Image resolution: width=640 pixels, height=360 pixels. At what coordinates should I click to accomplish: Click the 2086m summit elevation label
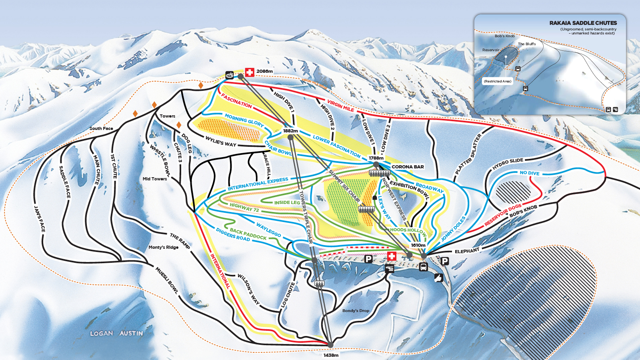[264, 72]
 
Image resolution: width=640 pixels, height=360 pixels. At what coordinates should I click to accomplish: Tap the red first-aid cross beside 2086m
[250, 72]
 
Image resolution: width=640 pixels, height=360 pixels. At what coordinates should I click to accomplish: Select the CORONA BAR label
[408, 167]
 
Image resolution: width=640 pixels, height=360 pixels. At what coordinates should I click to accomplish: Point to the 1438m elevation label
[331, 355]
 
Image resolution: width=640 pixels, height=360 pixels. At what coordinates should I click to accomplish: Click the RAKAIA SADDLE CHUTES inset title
[583, 23]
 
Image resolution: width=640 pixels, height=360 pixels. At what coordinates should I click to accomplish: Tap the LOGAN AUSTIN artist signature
[116, 333]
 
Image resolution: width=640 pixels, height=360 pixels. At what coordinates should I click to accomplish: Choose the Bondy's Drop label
[356, 310]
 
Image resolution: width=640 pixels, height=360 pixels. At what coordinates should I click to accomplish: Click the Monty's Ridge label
[163, 247]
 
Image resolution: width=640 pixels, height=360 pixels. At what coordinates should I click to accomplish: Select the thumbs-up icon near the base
[438, 278]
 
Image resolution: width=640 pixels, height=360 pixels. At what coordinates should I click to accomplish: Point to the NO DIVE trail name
[529, 173]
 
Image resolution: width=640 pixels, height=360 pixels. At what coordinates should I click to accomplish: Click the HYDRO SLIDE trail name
[508, 164]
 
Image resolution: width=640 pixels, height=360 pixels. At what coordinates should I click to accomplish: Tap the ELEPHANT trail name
[467, 251]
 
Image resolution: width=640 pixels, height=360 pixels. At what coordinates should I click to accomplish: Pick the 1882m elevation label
[290, 131]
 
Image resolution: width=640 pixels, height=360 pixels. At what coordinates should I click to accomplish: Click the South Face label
[101, 128]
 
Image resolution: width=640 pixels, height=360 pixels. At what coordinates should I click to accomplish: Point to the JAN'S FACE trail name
[40, 219]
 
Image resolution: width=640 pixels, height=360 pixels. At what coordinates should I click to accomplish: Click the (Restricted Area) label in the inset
[497, 81]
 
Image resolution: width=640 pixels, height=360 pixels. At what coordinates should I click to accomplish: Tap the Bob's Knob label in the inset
[504, 36]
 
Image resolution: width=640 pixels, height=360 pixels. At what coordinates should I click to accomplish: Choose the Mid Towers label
[155, 179]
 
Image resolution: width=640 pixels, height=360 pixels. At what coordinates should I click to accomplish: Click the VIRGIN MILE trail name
[340, 105]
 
